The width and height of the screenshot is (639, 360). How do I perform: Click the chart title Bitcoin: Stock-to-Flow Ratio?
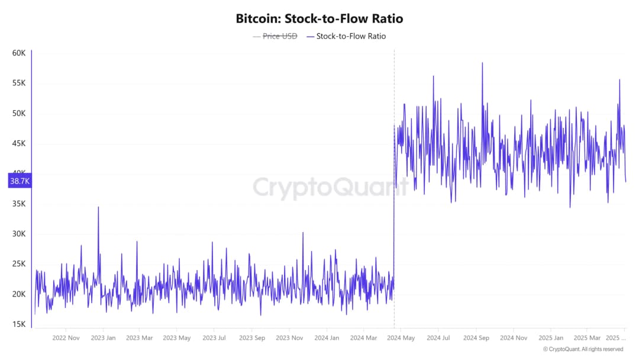click(319, 18)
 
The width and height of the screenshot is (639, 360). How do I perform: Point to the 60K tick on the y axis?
click(19, 53)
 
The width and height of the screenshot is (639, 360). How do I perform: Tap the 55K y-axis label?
click(19, 83)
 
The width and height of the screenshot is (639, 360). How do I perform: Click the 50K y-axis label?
click(19, 114)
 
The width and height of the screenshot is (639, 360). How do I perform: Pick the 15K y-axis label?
click(19, 324)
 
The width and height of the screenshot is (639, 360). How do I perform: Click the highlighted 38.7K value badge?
click(20, 181)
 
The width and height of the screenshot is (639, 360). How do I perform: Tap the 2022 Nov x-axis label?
click(66, 338)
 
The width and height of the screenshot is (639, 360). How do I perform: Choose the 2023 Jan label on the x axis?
click(103, 338)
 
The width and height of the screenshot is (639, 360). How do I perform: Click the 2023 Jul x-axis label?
click(214, 338)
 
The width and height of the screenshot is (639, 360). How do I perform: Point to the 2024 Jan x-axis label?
click(327, 338)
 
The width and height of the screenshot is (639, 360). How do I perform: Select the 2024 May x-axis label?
click(401, 338)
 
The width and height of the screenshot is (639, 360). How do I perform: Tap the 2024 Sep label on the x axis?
click(476, 338)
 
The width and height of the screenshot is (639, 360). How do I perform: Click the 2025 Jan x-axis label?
click(551, 338)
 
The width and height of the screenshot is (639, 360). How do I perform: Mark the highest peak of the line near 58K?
click(482, 63)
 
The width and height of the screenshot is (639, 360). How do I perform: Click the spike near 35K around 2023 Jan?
click(98, 207)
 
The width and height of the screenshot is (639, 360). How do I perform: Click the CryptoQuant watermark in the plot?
click(331, 188)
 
